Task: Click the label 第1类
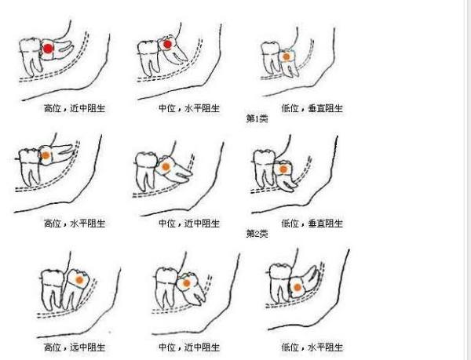257,118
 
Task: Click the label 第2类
257,234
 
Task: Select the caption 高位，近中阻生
75,108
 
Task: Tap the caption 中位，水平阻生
189,108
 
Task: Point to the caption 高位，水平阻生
75,224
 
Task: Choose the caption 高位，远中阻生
75,347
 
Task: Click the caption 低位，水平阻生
312,347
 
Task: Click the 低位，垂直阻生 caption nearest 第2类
312,224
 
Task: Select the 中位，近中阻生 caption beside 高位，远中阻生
189,347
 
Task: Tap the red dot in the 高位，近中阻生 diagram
48,49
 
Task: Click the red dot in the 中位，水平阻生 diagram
167,45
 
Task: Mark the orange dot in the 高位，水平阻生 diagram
46,155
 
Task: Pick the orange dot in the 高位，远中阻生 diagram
79,280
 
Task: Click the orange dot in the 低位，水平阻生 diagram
297,287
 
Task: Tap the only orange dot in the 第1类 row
287,56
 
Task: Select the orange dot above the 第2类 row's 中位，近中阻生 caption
166,166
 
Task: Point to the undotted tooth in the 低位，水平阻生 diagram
280,282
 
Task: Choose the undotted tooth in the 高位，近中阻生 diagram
31,56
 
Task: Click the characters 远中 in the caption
78,347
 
